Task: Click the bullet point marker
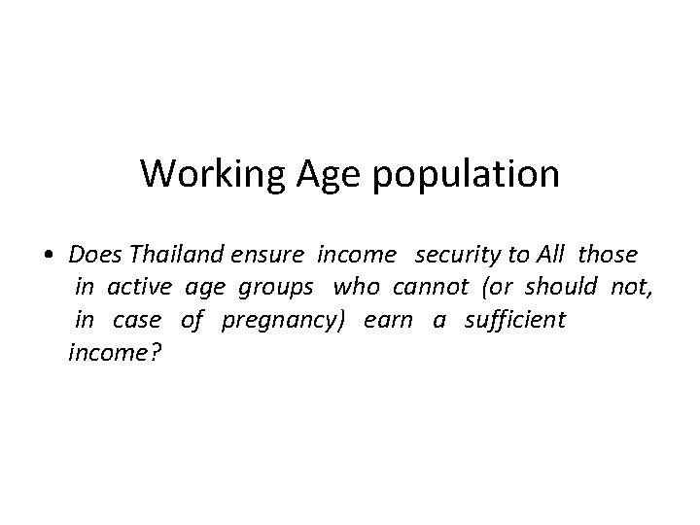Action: (x=48, y=256)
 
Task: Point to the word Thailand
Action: (x=179, y=255)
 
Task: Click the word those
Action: (x=608, y=255)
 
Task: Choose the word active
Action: (x=139, y=288)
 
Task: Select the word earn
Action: (x=388, y=321)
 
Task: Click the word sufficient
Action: (x=514, y=321)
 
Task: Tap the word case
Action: (x=137, y=321)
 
